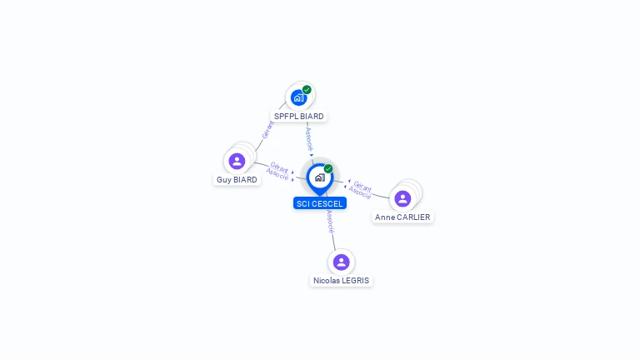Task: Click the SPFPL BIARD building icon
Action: pyautogui.click(x=299, y=98)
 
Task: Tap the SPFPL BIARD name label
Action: pyautogui.click(x=299, y=117)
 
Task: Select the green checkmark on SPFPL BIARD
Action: pyautogui.click(x=307, y=90)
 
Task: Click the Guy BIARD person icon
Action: pyautogui.click(x=237, y=161)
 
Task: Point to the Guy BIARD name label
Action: pyautogui.click(x=237, y=180)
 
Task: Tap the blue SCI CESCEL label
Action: pyautogui.click(x=320, y=203)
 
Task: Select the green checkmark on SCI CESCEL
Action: pyautogui.click(x=328, y=168)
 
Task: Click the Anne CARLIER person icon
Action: pyautogui.click(x=402, y=199)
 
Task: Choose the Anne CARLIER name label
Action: pyautogui.click(x=402, y=217)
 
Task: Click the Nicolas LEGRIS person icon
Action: pyautogui.click(x=341, y=262)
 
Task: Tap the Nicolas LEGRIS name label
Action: pyautogui.click(x=341, y=280)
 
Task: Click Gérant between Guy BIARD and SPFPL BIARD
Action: pyautogui.click(x=267, y=130)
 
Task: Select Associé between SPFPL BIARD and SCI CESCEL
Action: pyautogui.click(x=309, y=139)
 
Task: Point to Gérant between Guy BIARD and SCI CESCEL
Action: pyautogui.click(x=280, y=167)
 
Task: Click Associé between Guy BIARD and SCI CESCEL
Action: pyautogui.click(x=277, y=174)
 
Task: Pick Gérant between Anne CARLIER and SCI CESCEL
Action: pyautogui.click(x=362, y=187)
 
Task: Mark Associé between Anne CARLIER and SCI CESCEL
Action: pyautogui.click(x=360, y=192)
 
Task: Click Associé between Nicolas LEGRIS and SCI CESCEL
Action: pyautogui.click(x=330, y=222)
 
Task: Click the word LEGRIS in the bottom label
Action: pyautogui.click(x=356, y=280)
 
